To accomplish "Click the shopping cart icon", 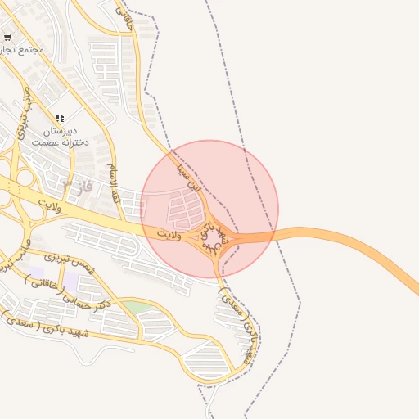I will click(x=7, y=37).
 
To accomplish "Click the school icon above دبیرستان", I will click(x=60, y=119).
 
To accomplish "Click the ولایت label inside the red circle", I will click(x=169, y=235).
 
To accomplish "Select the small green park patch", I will click(x=137, y=307).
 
